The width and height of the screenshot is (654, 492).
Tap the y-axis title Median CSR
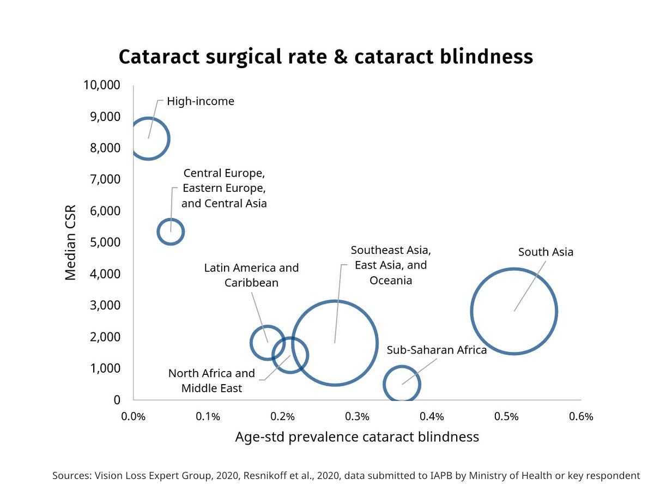[71, 242]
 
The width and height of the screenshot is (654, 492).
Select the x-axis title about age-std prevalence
[357, 437]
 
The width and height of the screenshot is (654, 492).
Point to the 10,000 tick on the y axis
[102, 85]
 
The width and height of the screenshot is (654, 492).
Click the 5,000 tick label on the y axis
[105, 242]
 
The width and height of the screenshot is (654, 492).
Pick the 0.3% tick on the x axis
[358, 417]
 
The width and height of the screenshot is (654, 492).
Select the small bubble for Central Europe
[171, 232]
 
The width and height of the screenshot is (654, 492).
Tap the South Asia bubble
[514, 311]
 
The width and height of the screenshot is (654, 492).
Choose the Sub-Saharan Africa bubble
[402, 384]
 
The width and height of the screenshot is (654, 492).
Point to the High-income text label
[201, 101]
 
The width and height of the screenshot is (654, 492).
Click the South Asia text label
[546, 252]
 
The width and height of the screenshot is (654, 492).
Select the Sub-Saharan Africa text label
[437, 350]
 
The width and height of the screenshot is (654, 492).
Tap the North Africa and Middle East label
[211, 381]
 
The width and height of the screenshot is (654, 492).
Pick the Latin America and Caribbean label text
[251, 275]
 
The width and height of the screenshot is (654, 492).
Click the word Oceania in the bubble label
[391, 281]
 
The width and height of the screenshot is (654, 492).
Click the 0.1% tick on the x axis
[208, 417]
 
